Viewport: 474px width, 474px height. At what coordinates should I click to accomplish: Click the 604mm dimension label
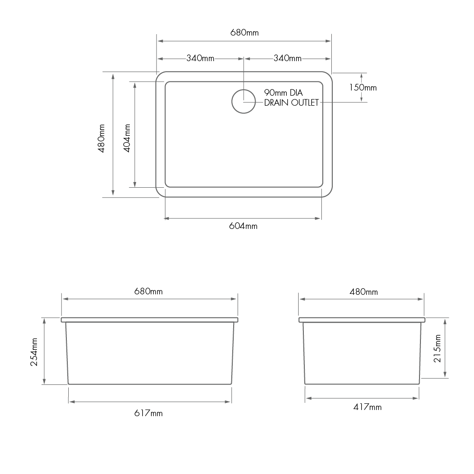(x=243, y=226)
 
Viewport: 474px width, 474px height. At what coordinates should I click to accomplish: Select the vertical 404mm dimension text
(x=127, y=138)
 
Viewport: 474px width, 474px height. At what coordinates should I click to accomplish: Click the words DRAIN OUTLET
(x=291, y=102)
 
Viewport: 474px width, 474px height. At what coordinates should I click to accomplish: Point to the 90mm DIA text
(x=283, y=92)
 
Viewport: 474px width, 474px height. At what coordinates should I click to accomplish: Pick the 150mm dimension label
(x=363, y=87)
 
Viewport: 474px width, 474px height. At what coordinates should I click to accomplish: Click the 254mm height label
(x=34, y=351)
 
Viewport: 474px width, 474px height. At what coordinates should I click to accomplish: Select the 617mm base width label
(x=149, y=413)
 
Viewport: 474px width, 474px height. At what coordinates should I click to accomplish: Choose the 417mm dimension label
(x=367, y=407)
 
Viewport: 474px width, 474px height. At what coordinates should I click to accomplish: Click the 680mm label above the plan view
(x=244, y=33)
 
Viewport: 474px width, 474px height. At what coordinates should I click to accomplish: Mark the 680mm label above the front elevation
(x=149, y=291)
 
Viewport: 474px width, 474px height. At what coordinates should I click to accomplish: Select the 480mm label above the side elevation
(x=364, y=292)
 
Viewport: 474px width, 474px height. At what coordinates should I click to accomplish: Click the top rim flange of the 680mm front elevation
(x=149, y=320)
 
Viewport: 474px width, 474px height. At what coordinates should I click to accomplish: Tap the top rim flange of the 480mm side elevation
(x=362, y=320)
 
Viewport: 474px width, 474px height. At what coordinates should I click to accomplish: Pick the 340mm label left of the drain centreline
(x=201, y=58)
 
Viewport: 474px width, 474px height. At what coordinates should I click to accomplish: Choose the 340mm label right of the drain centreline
(x=287, y=58)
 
